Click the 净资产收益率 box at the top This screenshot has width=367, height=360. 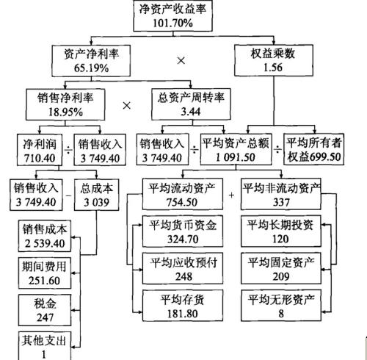point(172,15)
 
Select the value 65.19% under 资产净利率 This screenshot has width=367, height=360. point(91,68)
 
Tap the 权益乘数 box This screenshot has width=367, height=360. point(274,60)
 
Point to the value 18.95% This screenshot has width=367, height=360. point(65,112)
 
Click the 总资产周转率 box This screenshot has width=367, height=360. point(191,104)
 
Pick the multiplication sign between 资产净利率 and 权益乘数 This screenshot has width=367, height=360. point(181,60)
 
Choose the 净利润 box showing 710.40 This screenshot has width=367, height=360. point(40,150)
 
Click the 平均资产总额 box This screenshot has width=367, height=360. point(236,149)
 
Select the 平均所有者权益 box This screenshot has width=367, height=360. point(314,149)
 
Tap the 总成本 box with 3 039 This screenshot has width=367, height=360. point(96,195)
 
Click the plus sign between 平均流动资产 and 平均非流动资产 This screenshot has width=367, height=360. point(231,195)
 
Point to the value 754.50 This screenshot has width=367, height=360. point(182,202)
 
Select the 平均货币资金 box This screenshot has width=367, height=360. point(183,231)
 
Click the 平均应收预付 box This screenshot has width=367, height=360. point(183,268)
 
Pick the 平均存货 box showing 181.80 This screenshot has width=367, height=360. point(183,306)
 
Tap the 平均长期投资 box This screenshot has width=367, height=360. point(281,231)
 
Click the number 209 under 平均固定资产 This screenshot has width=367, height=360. point(281,276)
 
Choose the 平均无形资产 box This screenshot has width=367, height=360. point(281,306)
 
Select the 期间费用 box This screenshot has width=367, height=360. point(45,273)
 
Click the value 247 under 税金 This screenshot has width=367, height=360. point(45,317)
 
